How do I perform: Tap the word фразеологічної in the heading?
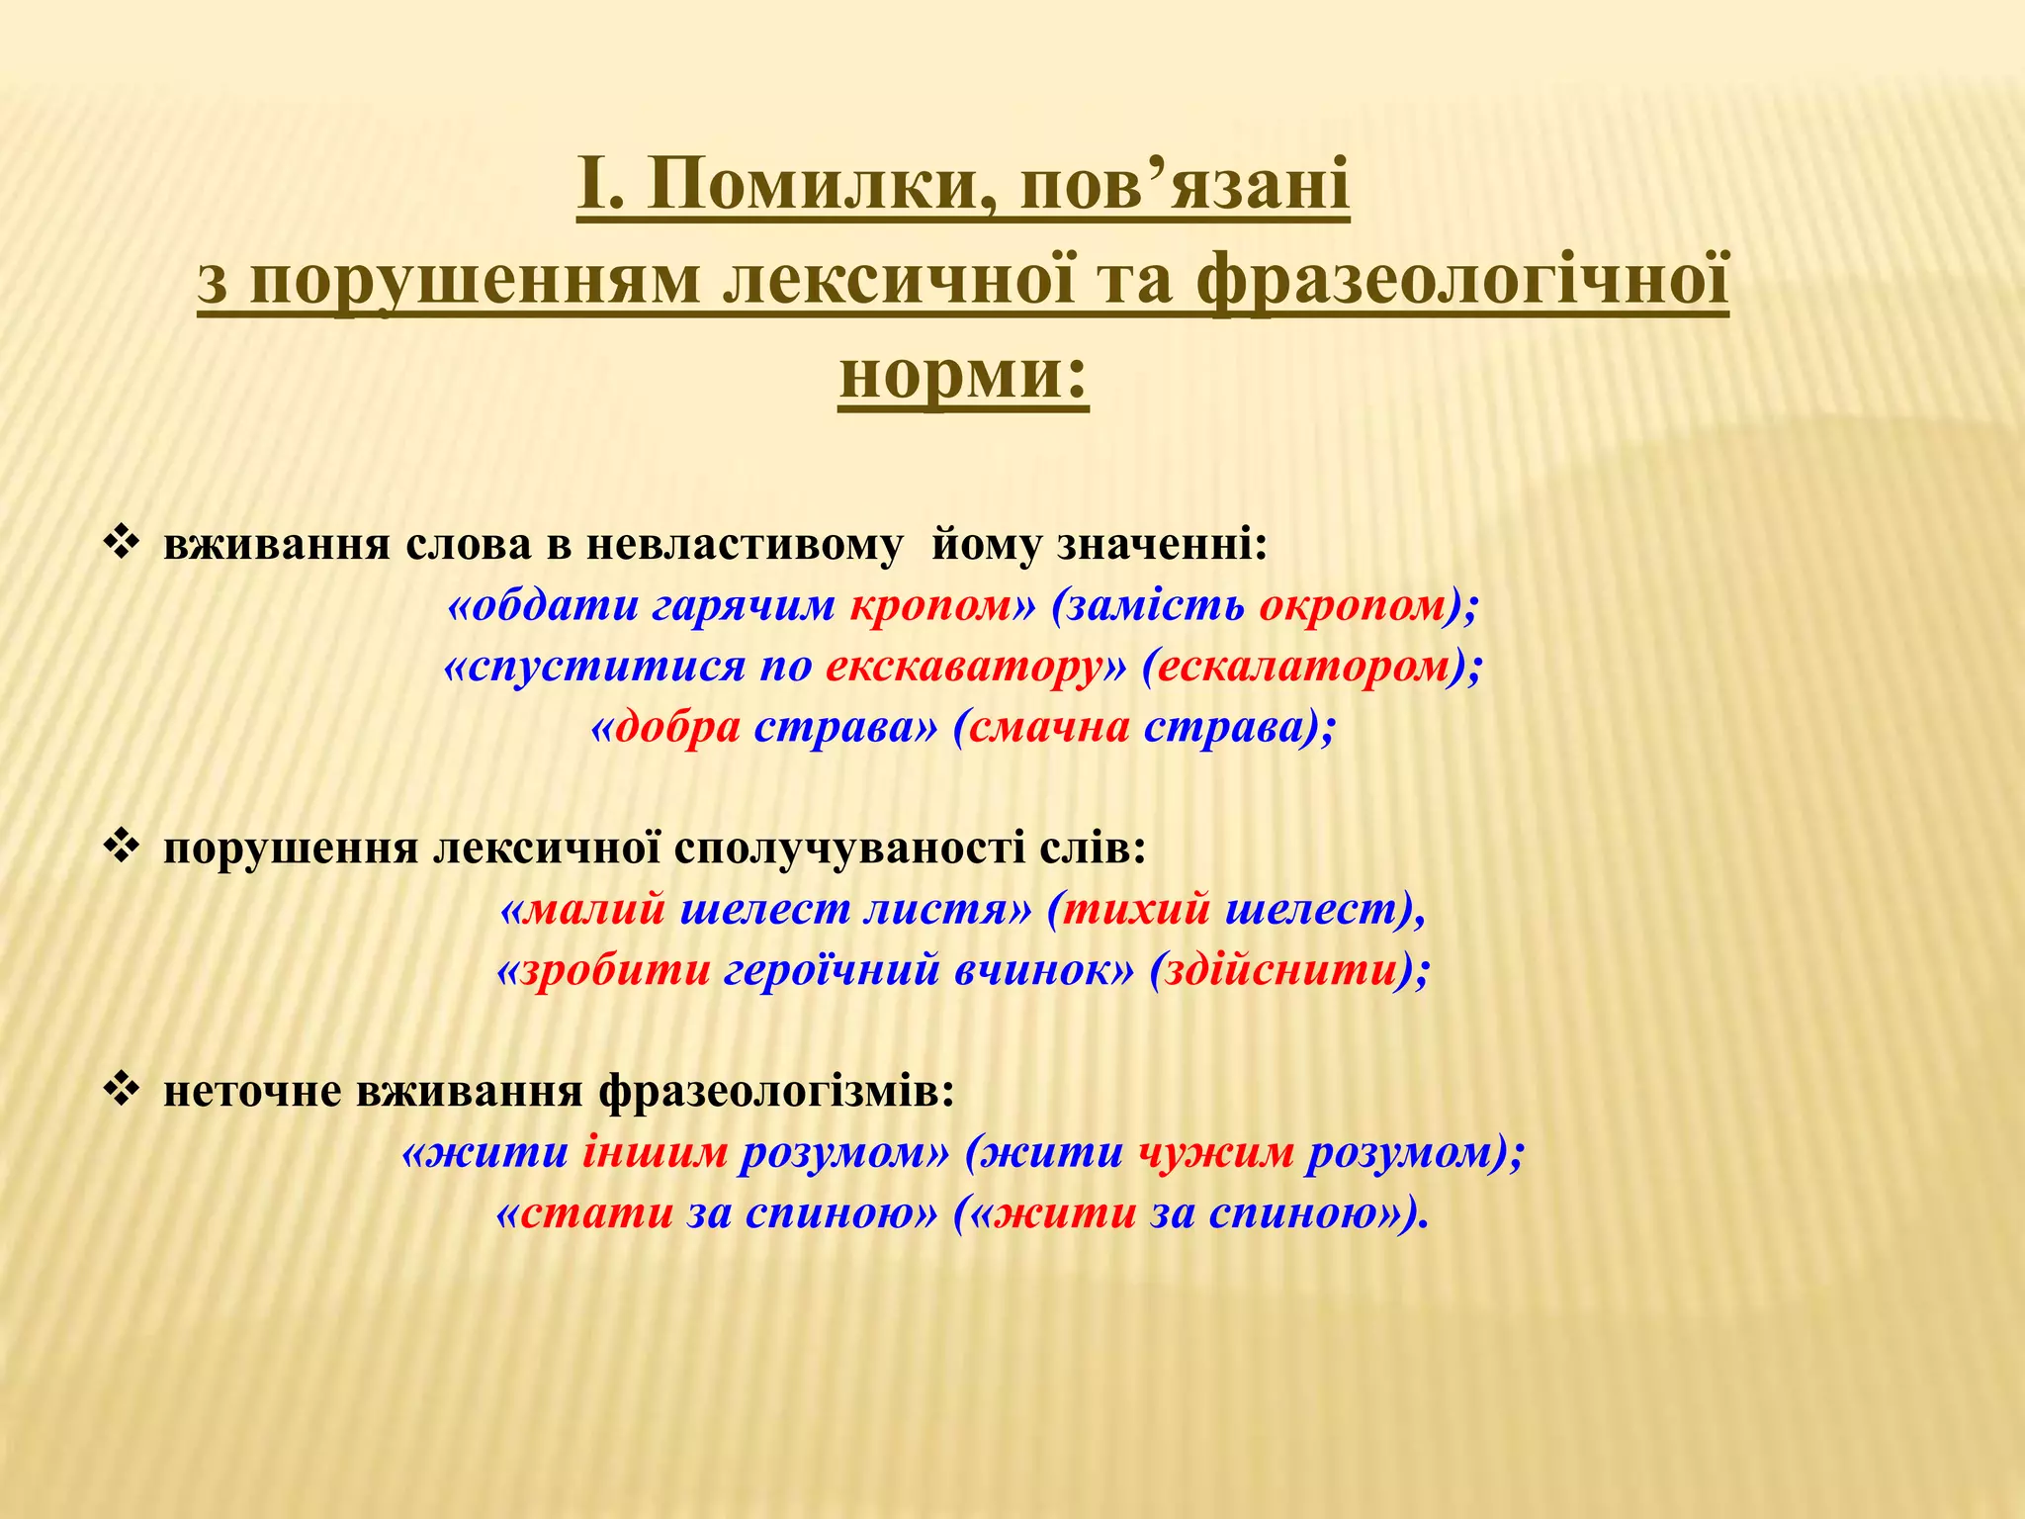[1462, 281]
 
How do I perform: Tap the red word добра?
[677, 728]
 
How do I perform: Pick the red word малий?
[593, 909]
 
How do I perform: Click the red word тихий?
[1136, 909]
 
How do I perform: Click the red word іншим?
[655, 1153]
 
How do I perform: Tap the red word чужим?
[1215, 1153]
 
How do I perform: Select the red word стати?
[597, 1213]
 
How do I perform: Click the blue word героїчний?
[832, 970]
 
